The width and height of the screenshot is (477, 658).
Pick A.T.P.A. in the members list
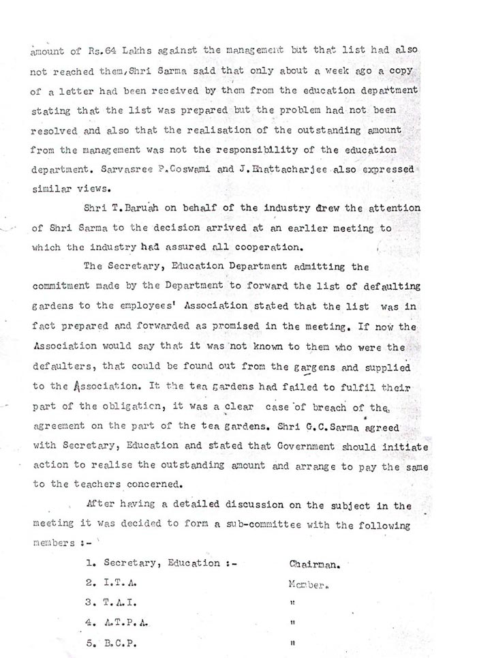[x=123, y=623]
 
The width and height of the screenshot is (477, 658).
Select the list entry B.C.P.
[x=118, y=642]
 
